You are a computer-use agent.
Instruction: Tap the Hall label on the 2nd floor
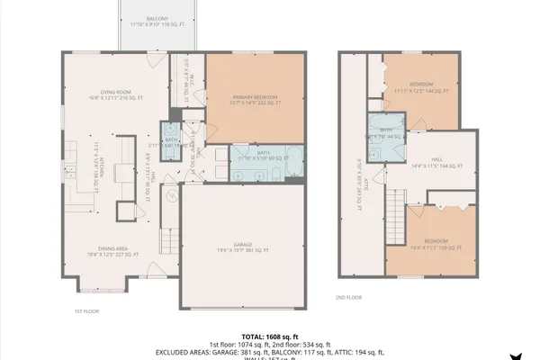pos(436,164)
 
